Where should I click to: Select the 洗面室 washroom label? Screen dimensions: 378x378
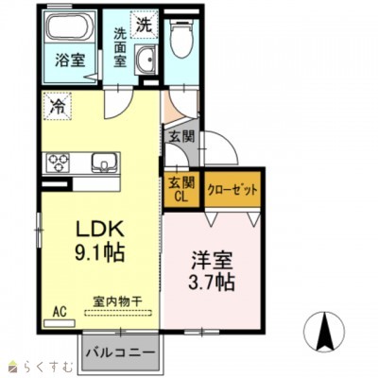coord(120,47)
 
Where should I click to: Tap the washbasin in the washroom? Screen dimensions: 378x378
coord(145,64)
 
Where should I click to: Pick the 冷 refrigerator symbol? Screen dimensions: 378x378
coord(58,106)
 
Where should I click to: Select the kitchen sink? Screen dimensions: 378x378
coord(103,163)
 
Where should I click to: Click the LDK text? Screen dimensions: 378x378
coord(96,231)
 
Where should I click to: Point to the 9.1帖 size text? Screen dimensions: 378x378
coord(95,253)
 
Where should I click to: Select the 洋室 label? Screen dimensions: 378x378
coord(211,259)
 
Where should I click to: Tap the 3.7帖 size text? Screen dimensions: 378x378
coord(211,281)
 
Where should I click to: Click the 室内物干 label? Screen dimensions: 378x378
coord(117,301)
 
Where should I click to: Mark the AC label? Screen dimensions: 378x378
coord(59,310)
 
